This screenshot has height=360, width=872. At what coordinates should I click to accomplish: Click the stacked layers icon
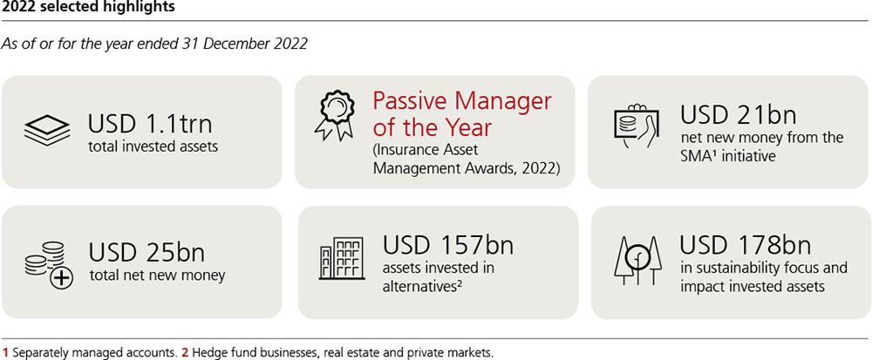tap(47, 131)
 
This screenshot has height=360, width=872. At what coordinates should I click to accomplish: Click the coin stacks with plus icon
tap(49, 265)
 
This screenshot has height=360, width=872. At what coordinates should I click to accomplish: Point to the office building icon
tap(342, 257)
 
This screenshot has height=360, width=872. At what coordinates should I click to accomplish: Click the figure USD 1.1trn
tap(150, 124)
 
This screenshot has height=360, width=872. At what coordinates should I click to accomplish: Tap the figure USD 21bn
tap(739, 114)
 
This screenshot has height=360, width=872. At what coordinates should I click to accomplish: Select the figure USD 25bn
tap(146, 252)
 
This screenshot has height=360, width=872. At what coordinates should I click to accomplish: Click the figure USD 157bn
tap(447, 245)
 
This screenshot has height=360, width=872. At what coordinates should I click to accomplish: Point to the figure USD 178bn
tap(746, 244)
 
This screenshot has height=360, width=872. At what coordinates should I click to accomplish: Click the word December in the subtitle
tap(229, 44)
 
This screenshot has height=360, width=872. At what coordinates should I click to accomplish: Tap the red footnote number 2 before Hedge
tap(184, 352)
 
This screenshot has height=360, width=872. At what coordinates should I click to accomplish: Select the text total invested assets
tap(153, 147)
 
